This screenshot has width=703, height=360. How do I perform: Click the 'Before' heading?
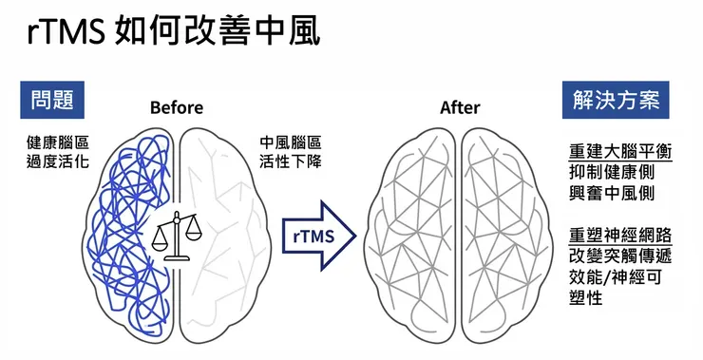pyautogui.click(x=177, y=108)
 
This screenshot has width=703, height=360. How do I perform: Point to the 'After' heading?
pyautogui.click(x=460, y=108)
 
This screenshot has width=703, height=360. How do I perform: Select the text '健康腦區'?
pyautogui.click(x=59, y=142)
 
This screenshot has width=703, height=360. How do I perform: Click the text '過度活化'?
pyautogui.click(x=59, y=161)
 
